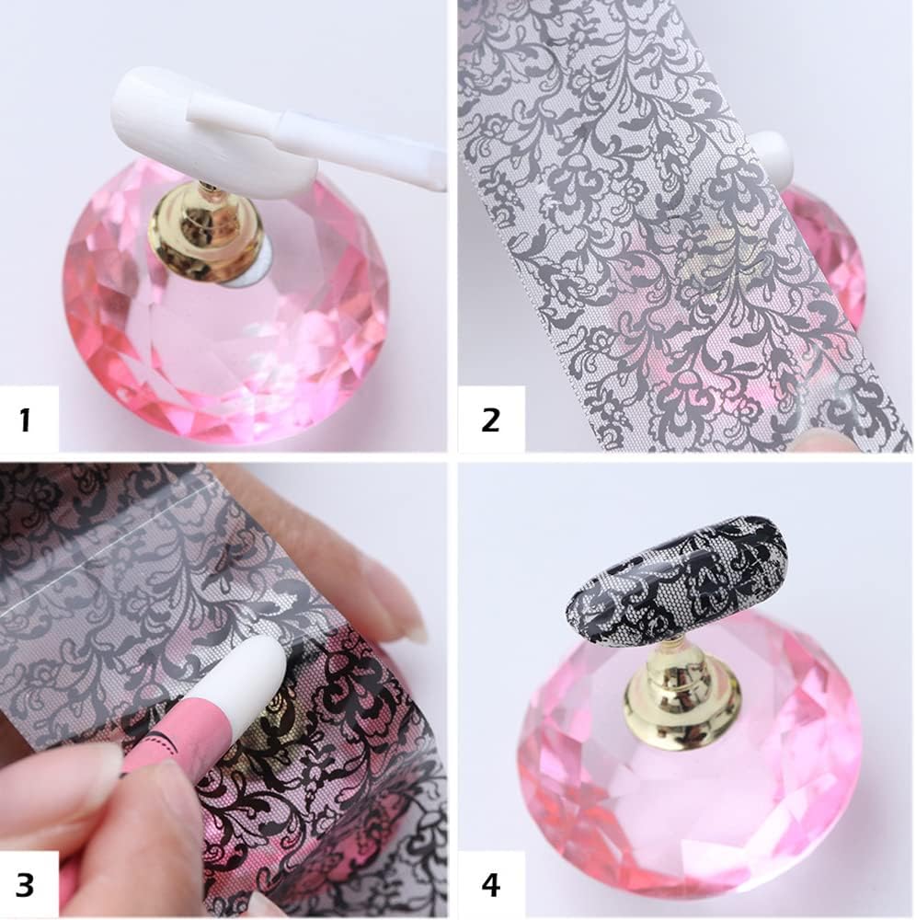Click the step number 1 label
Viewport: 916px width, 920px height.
(25, 420)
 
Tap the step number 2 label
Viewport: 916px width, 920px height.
(490, 420)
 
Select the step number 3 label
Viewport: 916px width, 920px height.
(26, 885)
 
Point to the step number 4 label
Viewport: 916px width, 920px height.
(490, 885)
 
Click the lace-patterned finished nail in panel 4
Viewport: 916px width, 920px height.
(676, 575)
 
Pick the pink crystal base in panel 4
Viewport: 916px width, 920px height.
(690, 810)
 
